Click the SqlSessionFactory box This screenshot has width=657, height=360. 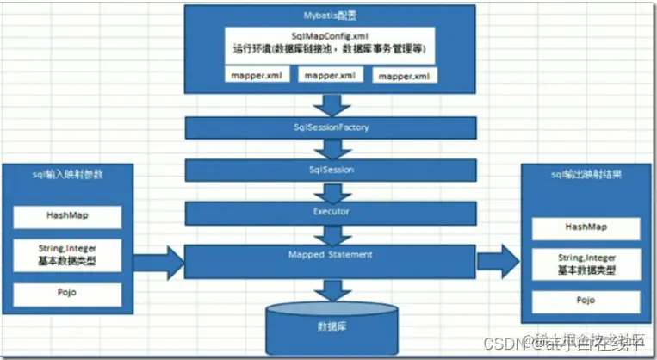pyautogui.click(x=330, y=127)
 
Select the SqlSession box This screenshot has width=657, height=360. pyautogui.click(x=330, y=171)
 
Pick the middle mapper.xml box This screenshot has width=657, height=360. pyautogui.click(x=330, y=76)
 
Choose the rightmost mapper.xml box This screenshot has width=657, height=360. pyautogui.click(x=403, y=76)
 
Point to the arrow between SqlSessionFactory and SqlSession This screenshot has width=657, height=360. pyautogui.click(x=331, y=149)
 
